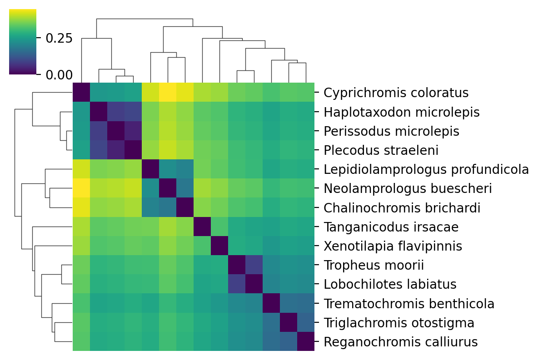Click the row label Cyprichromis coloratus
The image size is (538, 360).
pos(396,93)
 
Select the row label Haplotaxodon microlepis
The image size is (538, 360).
pos(402,112)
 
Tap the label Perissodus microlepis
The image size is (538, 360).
pos(391,131)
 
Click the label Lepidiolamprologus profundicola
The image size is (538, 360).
pos(426,170)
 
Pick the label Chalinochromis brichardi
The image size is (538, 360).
pos(402,208)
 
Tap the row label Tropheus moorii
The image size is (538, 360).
pos(374,265)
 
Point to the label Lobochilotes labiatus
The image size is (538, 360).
pos(390,285)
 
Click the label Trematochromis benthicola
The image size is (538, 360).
pos(409,304)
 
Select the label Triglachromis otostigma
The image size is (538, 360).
pos(399,323)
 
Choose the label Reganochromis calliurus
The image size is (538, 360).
pos(401,342)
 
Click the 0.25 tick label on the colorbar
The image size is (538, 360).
pos(59,38)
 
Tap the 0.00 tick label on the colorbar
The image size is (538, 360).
pos(59,74)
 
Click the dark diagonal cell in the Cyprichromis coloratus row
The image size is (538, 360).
pos(81,93)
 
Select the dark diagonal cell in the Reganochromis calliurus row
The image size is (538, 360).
pos(305,341)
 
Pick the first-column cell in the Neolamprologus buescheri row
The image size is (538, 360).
pos(81,188)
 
